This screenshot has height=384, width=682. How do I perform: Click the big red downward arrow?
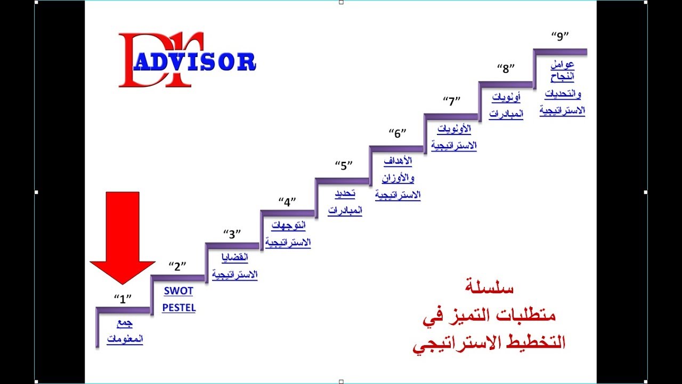pos(123,235)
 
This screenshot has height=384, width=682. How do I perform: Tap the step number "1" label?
pos(123,299)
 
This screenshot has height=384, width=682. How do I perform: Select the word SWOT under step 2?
pos(178,291)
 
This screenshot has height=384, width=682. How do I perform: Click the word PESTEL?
pos(178,308)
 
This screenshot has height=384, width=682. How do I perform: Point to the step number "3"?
pos(232,234)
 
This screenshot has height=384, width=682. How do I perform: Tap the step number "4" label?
pos(287,202)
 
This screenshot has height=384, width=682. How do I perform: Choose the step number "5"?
pos(344,165)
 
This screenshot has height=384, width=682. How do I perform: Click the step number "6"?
pos(397,133)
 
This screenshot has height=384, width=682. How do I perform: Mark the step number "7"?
pos(452,101)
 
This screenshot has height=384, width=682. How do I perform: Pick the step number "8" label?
pos(506,68)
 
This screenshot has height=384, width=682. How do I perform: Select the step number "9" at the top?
pos(560,36)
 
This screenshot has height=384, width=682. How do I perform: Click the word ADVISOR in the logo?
pos(194,62)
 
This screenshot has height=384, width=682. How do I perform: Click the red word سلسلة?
pos(489,289)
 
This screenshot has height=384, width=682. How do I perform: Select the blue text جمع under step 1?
pos(125,324)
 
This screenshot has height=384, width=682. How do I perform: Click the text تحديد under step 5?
pos(345,194)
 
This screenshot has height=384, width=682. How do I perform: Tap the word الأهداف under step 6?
pos(397,162)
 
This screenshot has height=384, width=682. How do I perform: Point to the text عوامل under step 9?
pos(563,65)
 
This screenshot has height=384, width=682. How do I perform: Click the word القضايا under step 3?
pos(235,258)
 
